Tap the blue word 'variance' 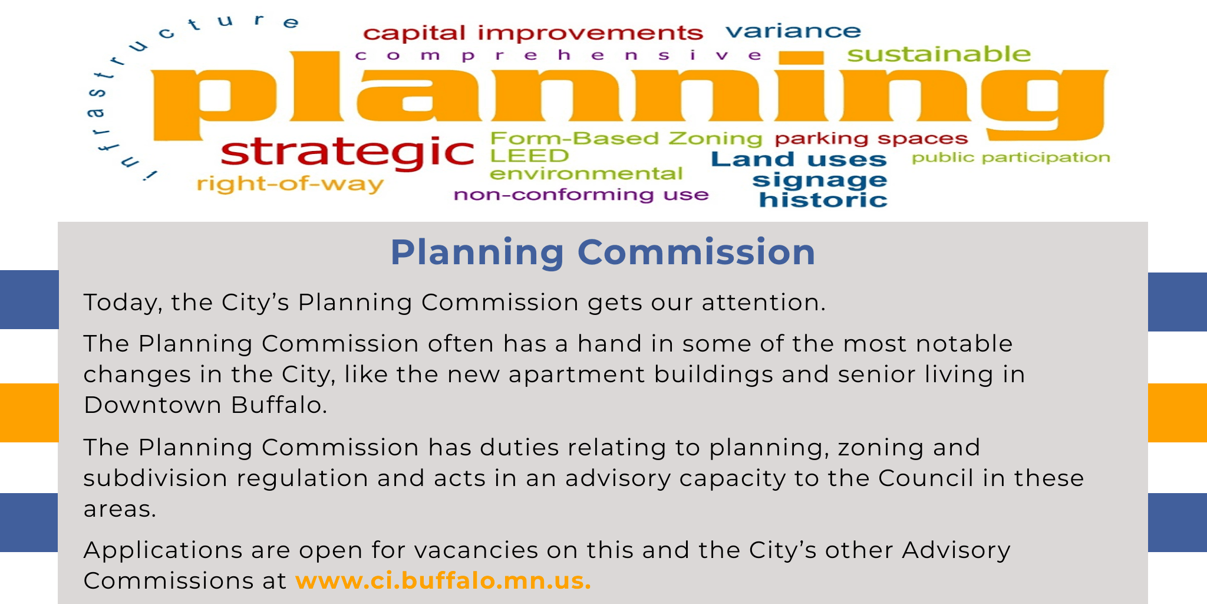click(793, 31)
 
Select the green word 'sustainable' click(938, 54)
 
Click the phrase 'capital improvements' click(532, 33)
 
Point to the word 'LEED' click(529, 156)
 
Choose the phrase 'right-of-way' click(289, 184)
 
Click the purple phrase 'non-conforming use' click(581, 195)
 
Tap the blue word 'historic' click(823, 200)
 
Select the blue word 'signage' click(819, 180)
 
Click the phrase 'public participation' click(1010, 157)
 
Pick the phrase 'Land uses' click(798, 159)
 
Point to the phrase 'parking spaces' click(870, 139)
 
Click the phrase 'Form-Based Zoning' click(626, 139)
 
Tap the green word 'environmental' click(585, 174)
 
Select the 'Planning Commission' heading click(602, 252)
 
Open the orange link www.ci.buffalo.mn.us click(443, 580)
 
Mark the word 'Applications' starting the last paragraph click(163, 551)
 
